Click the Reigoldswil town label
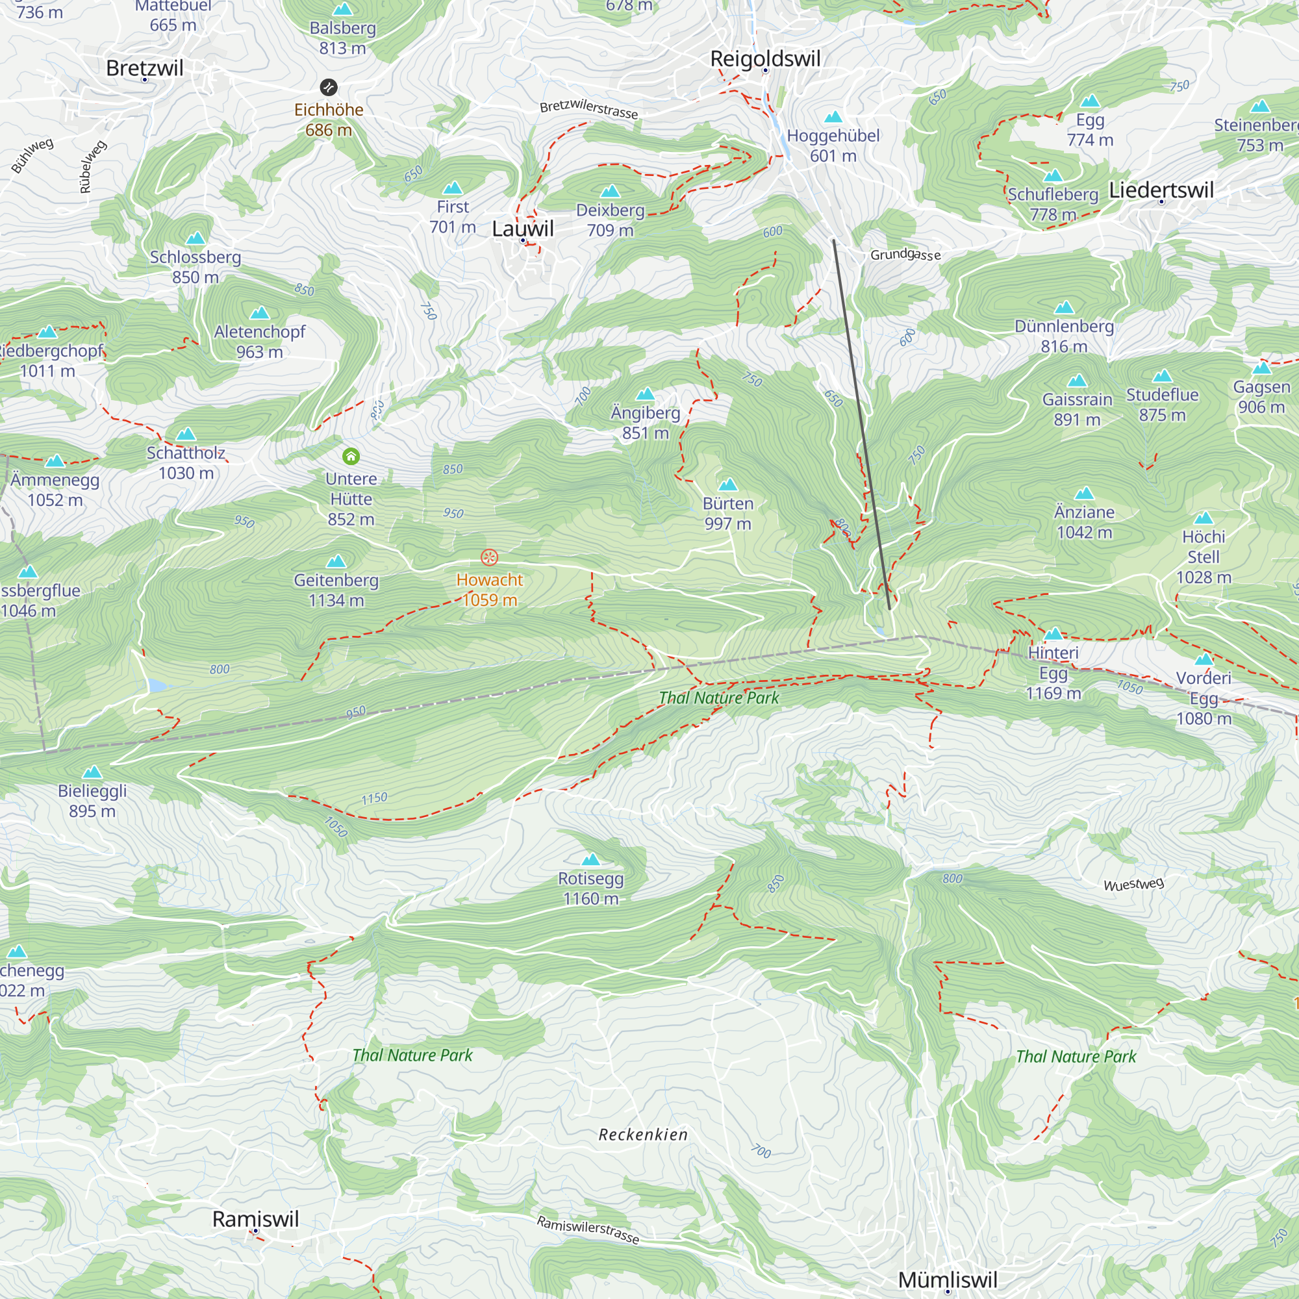[765, 59]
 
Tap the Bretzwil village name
[145, 68]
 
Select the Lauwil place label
[522, 229]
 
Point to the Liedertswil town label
[1161, 190]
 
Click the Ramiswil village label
[255, 1219]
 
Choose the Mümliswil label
[948, 1280]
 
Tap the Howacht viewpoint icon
[490, 557]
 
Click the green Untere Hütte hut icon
[351, 457]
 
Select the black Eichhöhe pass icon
[328, 87]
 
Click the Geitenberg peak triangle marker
[336, 561]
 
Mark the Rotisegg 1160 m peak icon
[590, 859]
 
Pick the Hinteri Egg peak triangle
[1053, 634]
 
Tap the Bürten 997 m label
[727, 514]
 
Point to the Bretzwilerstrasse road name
[588, 109]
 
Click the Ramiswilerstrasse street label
[588, 1229]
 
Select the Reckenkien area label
[643, 1135]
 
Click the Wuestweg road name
[1133, 884]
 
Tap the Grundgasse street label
[905, 254]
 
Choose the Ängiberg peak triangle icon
[646, 394]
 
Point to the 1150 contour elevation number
[374, 798]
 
